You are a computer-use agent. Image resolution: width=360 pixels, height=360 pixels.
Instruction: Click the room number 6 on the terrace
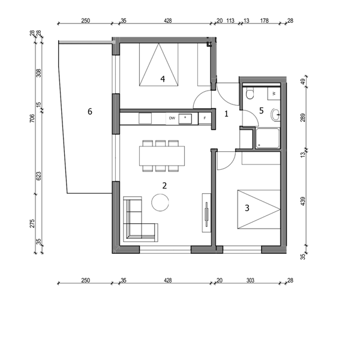[90, 112]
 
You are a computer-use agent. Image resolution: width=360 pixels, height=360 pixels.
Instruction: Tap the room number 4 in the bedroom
[163, 79]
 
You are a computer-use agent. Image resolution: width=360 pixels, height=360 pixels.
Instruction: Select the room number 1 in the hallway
[226, 113]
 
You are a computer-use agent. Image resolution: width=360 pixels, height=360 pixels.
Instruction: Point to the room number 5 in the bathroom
[261, 110]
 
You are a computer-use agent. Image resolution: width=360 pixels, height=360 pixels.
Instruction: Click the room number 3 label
[247, 208]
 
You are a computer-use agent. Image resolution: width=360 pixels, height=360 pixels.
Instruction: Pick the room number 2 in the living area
[164, 186]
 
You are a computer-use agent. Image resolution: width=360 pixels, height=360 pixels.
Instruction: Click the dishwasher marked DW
[172, 118]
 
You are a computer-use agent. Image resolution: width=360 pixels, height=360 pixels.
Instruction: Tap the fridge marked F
[205, 118]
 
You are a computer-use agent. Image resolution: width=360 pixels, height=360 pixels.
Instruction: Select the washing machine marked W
[274, 94]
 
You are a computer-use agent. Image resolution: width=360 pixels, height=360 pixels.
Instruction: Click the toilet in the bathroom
[250, 93]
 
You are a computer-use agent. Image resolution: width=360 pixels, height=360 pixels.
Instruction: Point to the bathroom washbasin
[276, 115]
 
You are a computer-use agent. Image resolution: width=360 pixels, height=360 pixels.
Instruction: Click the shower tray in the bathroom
[268, 139]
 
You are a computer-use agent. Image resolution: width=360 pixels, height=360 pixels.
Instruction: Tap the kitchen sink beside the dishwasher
[185, 119]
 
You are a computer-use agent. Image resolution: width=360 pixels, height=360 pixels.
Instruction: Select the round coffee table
[160, 203]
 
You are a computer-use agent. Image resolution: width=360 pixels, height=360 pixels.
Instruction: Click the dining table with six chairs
[162, 156]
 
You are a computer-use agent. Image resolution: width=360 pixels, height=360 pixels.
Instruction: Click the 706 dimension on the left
[32, 118]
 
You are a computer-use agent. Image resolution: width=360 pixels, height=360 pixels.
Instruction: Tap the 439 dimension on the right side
[303, 201]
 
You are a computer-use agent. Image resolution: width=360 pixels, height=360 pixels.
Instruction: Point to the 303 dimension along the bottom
[250, 280]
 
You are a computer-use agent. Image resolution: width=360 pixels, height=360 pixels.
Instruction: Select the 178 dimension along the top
[264, 20]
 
